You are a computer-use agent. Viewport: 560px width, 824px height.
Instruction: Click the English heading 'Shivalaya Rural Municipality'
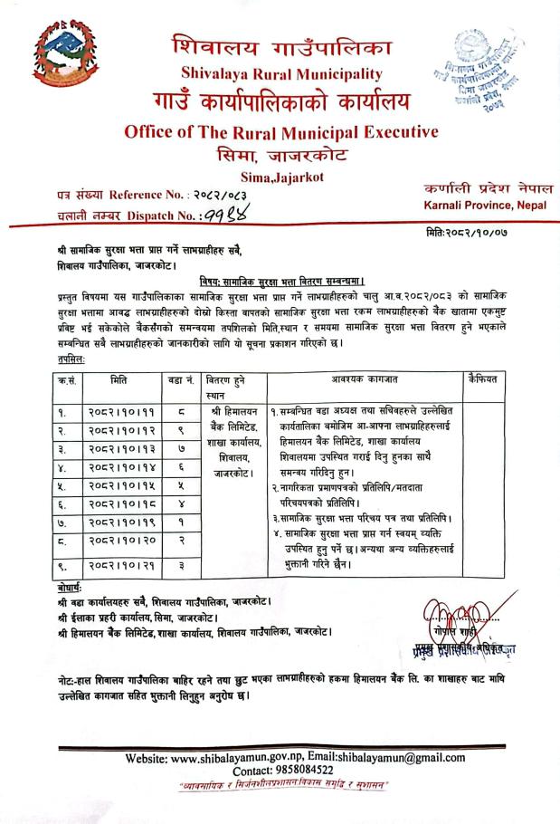[280, 73]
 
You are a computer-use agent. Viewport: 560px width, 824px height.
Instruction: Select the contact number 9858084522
[313, 771]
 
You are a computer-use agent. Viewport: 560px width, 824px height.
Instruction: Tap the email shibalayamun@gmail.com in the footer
[402, 758]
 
